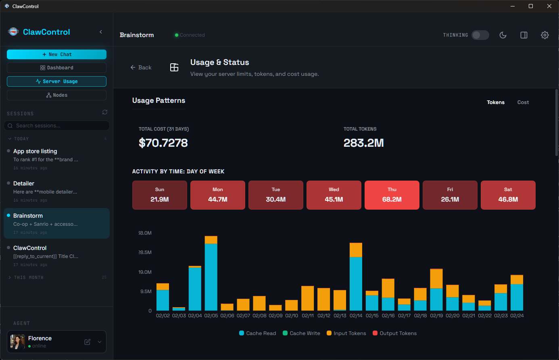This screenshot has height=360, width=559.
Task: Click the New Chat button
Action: pos(56,54)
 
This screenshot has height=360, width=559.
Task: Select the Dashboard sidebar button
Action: pos(56,68)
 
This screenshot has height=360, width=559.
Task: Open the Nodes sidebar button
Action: pos(56,95)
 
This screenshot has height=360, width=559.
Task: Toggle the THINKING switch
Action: pos(480,35)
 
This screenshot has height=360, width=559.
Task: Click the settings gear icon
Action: pos(544,35)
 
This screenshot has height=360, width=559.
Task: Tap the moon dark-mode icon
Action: pos(503,35)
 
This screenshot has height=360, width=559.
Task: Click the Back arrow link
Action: pos(141,68)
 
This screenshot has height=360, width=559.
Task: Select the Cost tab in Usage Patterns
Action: pos(523,102)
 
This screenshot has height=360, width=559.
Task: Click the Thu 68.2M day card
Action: pos(392,195)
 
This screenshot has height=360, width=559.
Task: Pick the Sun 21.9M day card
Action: pos(160,195)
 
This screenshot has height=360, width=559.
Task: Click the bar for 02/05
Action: pos(211,274)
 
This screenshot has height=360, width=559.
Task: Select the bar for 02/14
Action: pos(356,278)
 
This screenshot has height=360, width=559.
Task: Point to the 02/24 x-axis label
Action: pos(517,316)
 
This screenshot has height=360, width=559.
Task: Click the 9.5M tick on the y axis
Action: pos(146,291)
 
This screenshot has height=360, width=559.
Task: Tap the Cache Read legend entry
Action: pos(258,333)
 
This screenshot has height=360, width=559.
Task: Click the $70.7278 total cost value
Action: pos(163,143)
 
